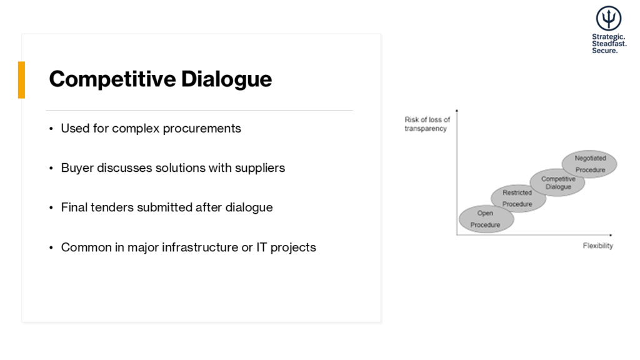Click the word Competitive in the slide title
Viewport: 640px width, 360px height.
[x=112, y=79]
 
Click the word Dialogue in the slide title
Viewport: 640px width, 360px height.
[x=226, y=79]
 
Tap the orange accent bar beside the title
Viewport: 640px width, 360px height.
[x=22, y=80]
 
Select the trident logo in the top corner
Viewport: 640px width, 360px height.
[x=608, y=18]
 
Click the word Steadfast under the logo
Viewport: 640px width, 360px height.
[x=609, y=44]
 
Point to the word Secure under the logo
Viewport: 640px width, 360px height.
[x=604, y=51]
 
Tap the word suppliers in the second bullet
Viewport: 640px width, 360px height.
[x=260, y=168]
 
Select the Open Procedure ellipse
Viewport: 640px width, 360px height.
[x=486, y=219]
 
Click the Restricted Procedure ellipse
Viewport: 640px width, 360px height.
[x=517, y=199]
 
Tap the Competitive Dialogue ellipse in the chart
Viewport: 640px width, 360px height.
[x=557, y=183]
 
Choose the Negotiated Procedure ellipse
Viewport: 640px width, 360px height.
[x=589, y=164]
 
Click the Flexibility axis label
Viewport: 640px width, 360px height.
[x=597, y=246]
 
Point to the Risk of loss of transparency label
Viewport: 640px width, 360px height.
[x=427, y=124]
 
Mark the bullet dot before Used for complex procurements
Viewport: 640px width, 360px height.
[x=51, y=129]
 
